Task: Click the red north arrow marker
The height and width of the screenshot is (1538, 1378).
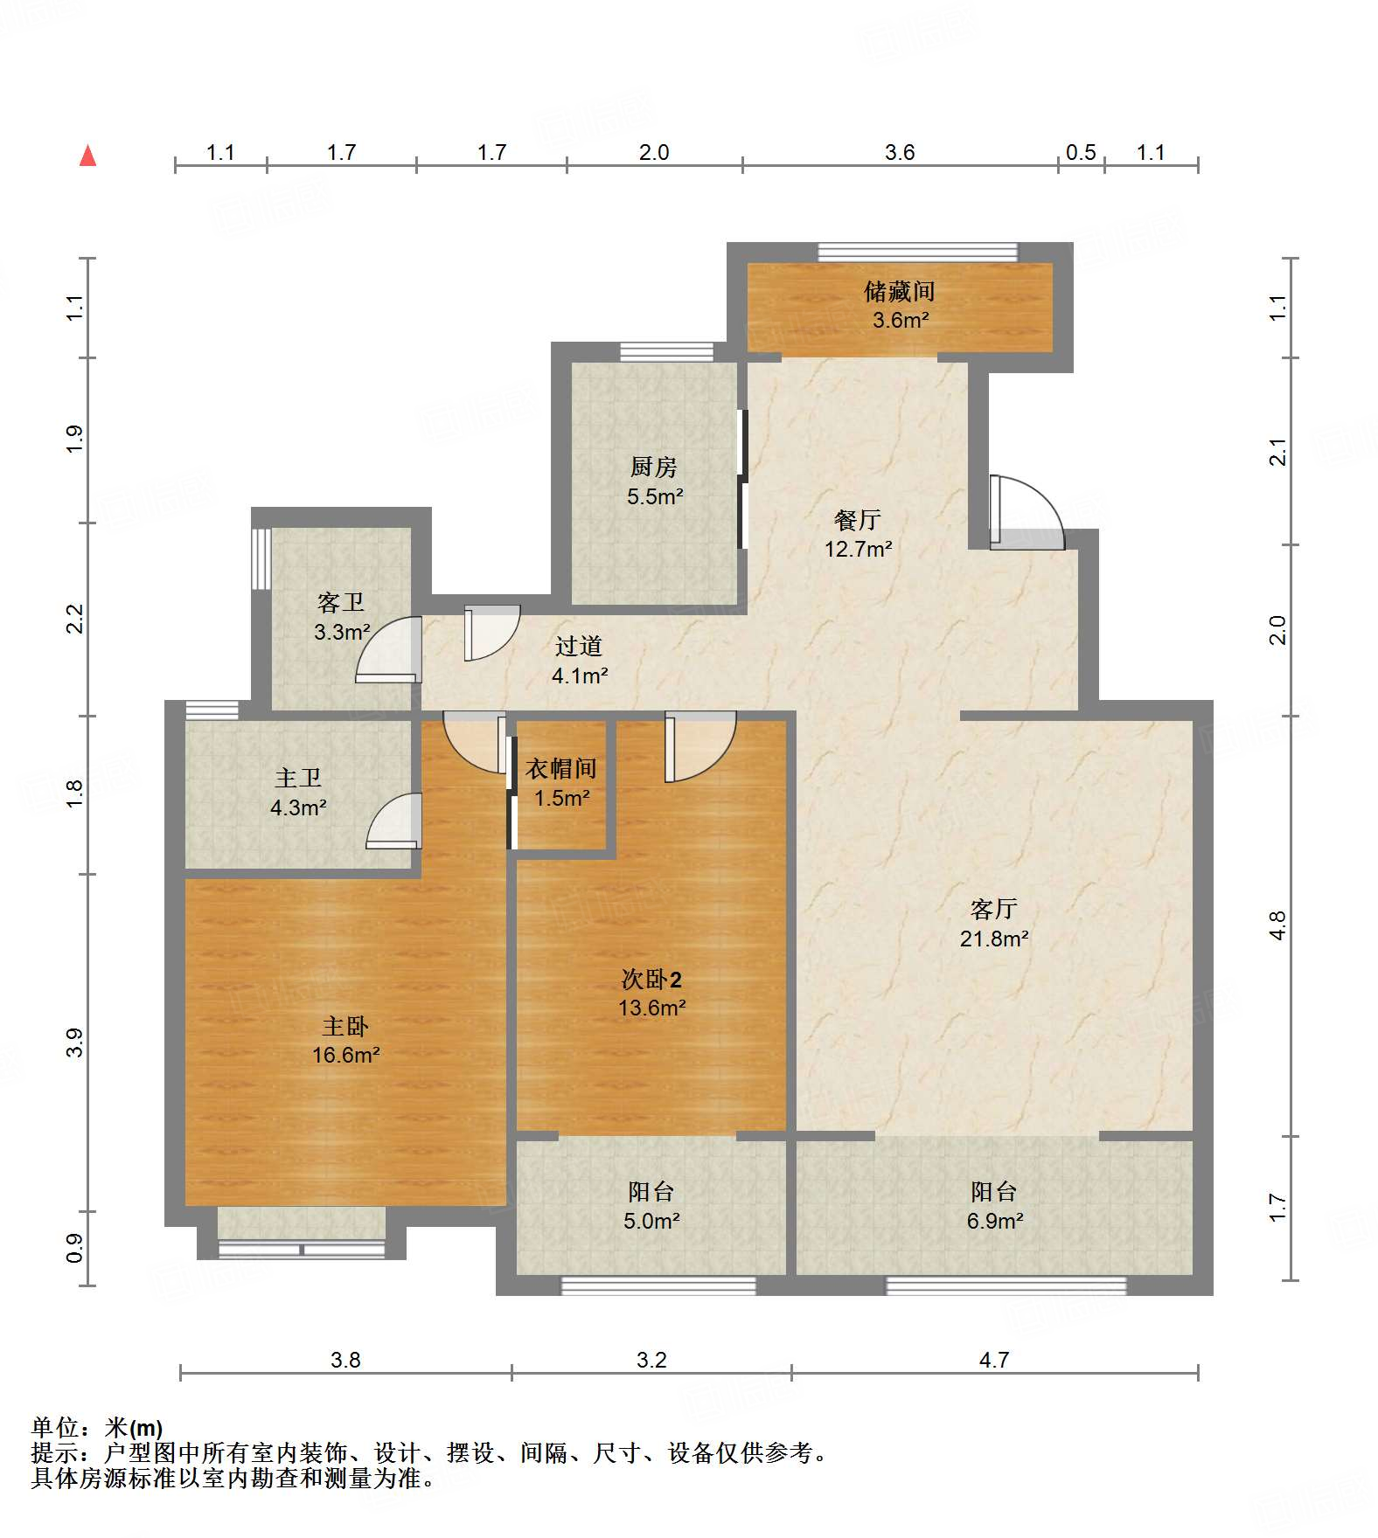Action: click(87, 156)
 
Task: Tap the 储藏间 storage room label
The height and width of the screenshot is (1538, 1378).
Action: click(900, 291)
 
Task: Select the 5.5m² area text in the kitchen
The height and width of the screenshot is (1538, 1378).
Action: click(654, 497)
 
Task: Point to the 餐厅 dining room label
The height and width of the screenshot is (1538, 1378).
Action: click(857, 521)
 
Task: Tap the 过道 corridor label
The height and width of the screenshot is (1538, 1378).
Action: click(579, 647)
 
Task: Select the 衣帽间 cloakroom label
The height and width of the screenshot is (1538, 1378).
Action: click(561, 769)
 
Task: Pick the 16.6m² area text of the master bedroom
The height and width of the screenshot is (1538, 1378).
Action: click(345, 1056)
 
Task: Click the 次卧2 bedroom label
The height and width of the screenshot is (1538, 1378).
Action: click(651, 980)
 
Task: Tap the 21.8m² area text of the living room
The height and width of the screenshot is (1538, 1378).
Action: click(994, 939)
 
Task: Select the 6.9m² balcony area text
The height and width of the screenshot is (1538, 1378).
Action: click(994, 1222)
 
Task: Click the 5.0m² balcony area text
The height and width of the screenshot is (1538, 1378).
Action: click(651, 1222)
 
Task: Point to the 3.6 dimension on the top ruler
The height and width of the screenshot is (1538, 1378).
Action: click(899, 153)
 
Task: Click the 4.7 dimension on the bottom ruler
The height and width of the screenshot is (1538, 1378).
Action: click(994, 1360)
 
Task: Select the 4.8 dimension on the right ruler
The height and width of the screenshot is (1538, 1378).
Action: click(1277, 925)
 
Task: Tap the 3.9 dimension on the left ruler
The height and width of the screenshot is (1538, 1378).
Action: click(74, 1042)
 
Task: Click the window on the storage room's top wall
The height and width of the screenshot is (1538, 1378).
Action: click(917, 253)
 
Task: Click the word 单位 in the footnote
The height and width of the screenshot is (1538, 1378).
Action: click(54, 1428)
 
